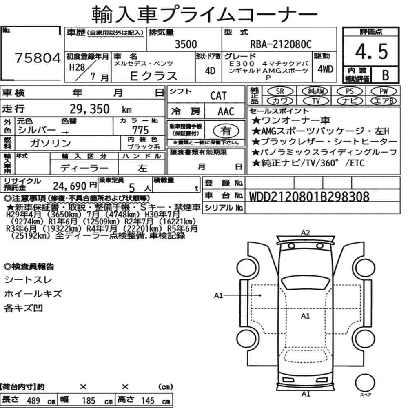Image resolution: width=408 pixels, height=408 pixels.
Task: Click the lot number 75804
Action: click(x=38, y=58)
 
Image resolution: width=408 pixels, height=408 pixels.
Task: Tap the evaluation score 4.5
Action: click(x=371, y=51)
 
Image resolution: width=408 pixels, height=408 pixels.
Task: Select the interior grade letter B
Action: click(x=386, y=75)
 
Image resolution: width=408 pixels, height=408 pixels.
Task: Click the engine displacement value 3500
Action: click(x=186, y=44)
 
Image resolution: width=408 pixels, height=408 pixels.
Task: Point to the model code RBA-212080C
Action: click(x=281, y=44)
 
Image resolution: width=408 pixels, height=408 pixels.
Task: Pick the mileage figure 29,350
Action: click(x=89, y=109)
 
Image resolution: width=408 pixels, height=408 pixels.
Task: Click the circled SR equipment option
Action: click(x=280, y=91)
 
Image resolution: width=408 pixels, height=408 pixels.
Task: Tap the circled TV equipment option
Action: click(x=316, y=101)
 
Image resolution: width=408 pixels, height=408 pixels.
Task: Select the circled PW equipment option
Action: click(x=384, y=91)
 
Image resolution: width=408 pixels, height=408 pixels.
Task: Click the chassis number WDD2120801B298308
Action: click(x=309, y=197)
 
